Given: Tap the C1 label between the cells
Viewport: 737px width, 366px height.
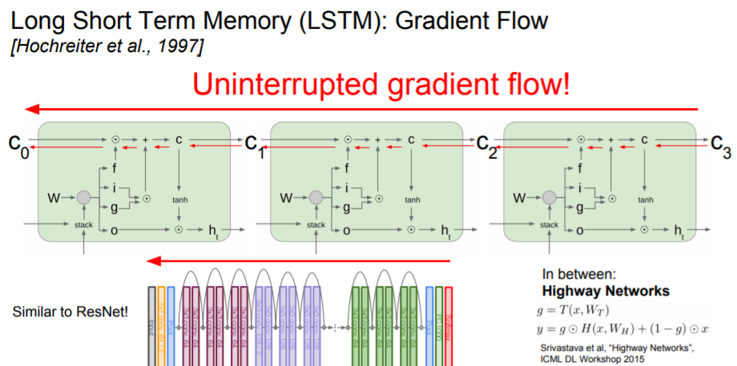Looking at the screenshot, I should [x=252, y=146].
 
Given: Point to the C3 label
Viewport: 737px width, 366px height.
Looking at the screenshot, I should [x=720, y=144].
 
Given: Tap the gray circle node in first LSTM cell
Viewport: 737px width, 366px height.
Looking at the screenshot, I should [x=84, y=197].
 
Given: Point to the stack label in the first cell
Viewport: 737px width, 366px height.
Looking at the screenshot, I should [x=84, y=225].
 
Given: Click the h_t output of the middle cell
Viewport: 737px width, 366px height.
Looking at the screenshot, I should [x=445, y=232].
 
